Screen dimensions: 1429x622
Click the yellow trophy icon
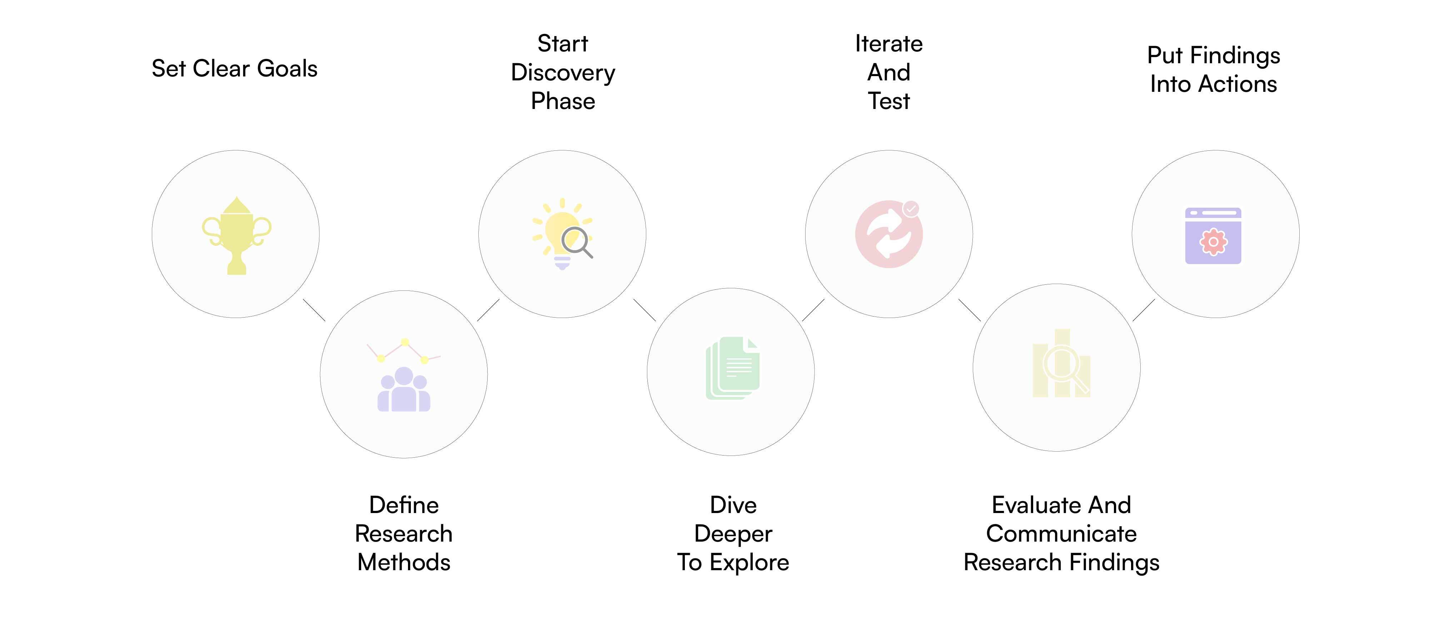[x=236, y=235]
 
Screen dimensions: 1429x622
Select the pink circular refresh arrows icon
[x=889, y=234]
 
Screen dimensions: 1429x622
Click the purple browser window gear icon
[x=1213, y=236]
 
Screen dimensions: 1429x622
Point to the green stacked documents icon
[x=733, y=368]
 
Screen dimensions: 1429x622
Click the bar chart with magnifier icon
[x=1061, y=363]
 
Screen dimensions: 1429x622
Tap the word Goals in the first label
[x=287, y=69]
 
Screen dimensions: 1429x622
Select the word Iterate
[x=889, y=44]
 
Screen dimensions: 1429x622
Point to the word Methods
[x=404, y=563]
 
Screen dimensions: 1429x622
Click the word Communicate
[x=1061, y=534]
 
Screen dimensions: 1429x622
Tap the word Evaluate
[x=1033, y=505]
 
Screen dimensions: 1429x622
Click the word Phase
[x=563, y=101]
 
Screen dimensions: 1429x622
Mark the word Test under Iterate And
[x=889, y=101]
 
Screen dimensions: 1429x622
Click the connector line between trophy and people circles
[x=314, y=310]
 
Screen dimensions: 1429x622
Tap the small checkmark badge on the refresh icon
[x=911, y=209]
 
